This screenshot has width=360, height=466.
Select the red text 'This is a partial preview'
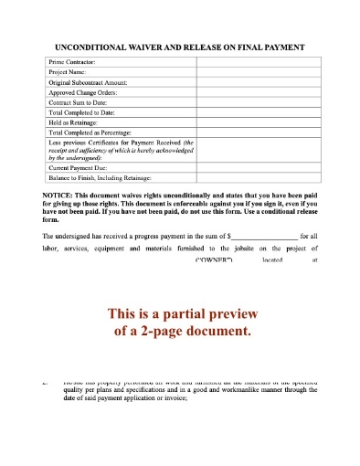[x=180, y=309]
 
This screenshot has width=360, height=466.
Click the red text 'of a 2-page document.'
[x=180, y=329]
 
